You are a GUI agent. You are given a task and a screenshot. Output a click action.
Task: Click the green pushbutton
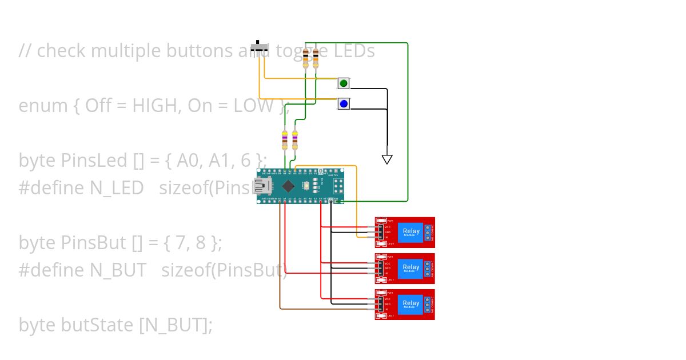click(x=344, y=83)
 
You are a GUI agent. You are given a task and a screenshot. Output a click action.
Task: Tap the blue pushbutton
click(x=344, y=104)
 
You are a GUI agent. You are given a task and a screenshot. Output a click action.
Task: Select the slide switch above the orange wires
click(x=261, y=48)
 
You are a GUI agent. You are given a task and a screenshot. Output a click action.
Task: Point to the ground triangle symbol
click(x=387, y=159)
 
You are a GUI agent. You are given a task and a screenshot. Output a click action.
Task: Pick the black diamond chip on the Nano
click(x=289, y=186)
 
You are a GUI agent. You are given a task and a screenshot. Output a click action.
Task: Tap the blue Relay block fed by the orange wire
click(x=410, y=231)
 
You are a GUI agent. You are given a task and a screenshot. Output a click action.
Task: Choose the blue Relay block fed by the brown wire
click(x=410, y=303)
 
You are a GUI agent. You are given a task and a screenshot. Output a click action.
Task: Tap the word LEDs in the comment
click(x=354, y=51)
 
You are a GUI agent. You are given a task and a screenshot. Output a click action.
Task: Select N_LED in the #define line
click(x=117, y=188)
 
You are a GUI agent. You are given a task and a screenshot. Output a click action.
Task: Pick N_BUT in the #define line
click(x=118, y=270)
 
